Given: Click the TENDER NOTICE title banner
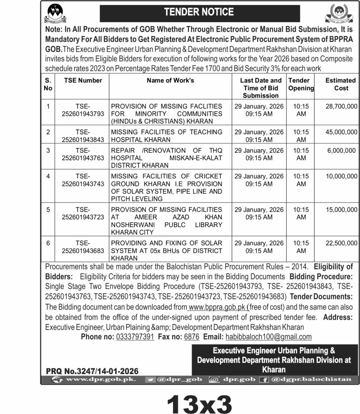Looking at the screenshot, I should (199, 12).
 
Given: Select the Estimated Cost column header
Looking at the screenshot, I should (341, 84).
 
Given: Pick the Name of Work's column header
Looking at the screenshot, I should (170, 80).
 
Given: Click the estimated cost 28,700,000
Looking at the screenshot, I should (341, 106).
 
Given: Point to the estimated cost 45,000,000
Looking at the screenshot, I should (341, 132).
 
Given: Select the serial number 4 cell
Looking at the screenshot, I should (48, 176).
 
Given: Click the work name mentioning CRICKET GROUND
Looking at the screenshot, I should (166, 187).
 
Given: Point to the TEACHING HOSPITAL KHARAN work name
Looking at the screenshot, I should (166, 135).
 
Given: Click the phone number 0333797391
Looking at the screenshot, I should (135, 337).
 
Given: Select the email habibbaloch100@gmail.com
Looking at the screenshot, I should (268, 337).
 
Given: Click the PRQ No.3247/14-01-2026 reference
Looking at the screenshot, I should (92, 371).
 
